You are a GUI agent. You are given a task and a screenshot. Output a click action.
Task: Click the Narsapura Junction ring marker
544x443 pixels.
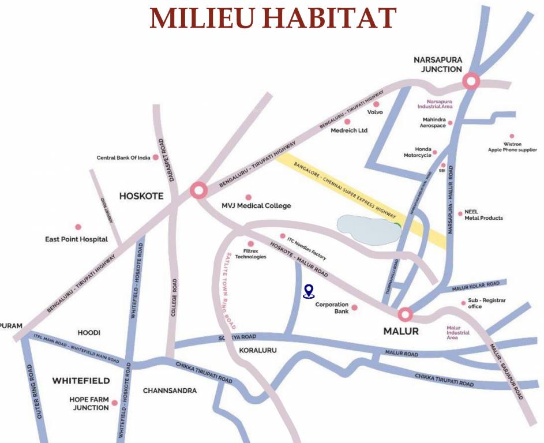[x=471, y=81]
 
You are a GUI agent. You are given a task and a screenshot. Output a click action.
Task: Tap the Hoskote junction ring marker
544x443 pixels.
[x=198, y=190]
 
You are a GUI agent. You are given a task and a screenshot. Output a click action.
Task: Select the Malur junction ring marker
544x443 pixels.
[x=405, y=314]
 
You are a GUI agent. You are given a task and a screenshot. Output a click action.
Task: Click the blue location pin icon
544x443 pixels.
[x=309, y=291]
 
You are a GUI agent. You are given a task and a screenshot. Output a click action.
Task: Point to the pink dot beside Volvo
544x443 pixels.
[x=376, y=104]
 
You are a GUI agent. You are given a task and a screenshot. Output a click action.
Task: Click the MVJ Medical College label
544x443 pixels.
[x=256, y=205]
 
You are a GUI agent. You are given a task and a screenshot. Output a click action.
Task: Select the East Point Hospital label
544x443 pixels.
[x=77, y=239]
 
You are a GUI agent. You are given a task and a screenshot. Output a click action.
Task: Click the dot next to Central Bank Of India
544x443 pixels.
[x=155, y=157]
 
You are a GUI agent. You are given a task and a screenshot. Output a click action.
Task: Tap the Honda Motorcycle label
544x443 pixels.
[x=417, y=152]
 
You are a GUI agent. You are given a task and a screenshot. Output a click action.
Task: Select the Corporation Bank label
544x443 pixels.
[x=332, y=308]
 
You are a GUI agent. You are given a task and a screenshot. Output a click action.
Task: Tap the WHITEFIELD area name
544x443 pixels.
[x=81, y=381]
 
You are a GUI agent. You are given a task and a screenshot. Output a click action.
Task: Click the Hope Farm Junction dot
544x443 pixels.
[x=115, y=403]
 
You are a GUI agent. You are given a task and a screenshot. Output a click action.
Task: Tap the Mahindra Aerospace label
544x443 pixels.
[x=434, y=123]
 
